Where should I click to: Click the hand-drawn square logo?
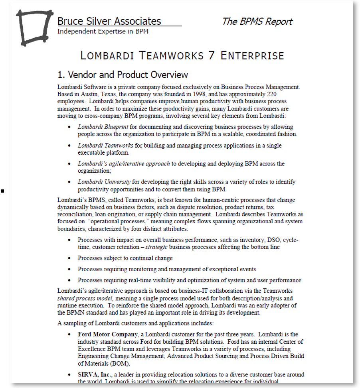point(34,27)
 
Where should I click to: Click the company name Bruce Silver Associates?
point(109,21)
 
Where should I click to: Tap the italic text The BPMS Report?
point(257,22)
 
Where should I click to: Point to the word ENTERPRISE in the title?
point(252,56)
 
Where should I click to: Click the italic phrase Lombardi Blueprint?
point(97,127)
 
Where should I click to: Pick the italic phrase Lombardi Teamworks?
point(100,146)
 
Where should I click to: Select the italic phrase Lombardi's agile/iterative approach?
point(124,163)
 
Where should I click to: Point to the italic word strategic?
point(156,247)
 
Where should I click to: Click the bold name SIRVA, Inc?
point(94,374)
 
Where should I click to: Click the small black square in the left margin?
point(2,191)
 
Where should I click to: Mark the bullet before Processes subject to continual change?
point(69,258)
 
